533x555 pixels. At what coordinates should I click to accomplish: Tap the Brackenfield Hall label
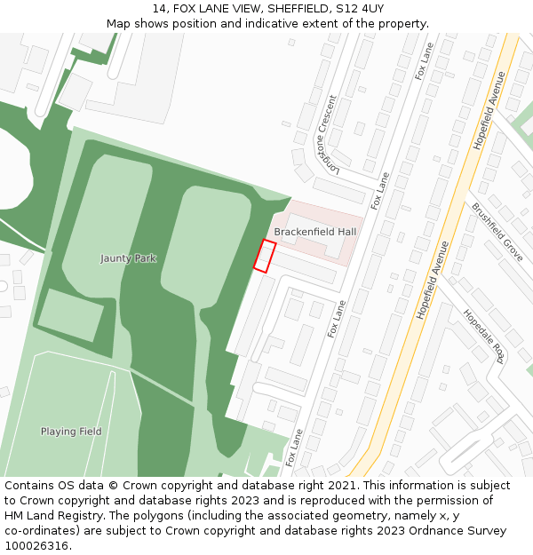click(314, 232)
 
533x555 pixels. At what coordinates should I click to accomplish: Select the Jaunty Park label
click(128, 258)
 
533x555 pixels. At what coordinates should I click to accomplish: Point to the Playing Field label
click(71, 432)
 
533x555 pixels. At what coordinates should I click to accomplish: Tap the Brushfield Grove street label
click(497, 231)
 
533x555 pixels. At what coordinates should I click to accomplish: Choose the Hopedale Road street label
click(483, 336)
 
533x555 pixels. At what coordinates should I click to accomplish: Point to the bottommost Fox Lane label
click(293, 448)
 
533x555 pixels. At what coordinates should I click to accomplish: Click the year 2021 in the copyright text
click(338, 486)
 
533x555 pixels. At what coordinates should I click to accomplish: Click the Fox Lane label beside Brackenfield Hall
click(381, 190)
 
